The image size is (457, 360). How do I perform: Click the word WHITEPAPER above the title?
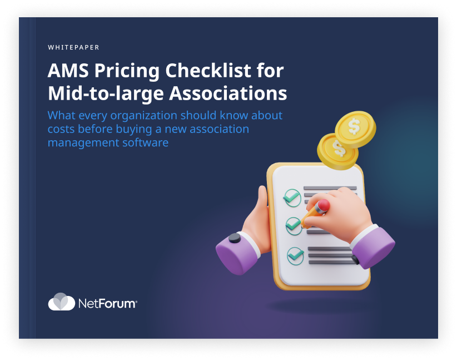(73, 47)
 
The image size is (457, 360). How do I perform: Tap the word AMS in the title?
(68, 71)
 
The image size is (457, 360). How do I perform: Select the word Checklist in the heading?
(208, 71)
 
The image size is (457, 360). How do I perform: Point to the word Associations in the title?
(228, 93)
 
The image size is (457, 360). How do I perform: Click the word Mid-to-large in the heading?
(106, 94)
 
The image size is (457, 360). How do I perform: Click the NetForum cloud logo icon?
(62, 302)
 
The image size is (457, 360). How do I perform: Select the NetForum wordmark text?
(107, 304)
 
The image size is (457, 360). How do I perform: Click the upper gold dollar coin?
(355, 129)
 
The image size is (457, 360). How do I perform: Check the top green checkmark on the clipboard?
(292, 198)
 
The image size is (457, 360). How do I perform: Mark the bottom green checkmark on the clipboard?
(296, 256)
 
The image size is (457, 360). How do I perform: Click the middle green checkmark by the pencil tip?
(293, 225)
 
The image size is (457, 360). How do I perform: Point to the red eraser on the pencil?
(322, 206)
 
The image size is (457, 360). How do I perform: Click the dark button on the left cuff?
(235, 238)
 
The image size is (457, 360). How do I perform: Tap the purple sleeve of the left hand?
(236, 254)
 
